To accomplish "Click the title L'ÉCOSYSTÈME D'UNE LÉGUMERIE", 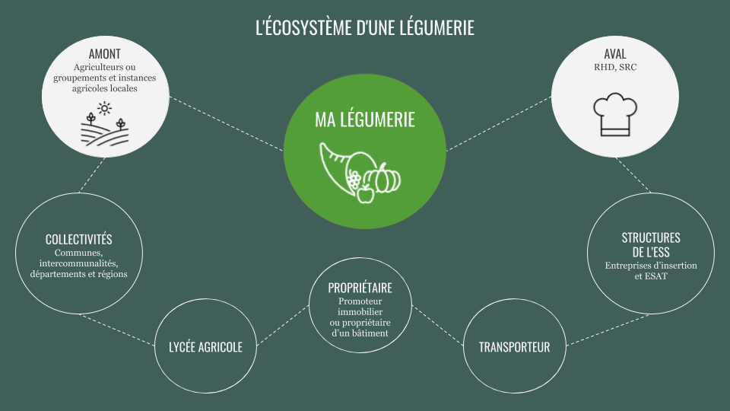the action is (x=365, y=27).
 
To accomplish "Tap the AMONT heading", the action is (x=105, y=54).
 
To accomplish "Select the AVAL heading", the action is (x=615, y=54).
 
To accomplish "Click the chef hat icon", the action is (x=615, y=115).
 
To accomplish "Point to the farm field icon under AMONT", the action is (x=105, y=124).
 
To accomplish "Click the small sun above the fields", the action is (x=104, y=109).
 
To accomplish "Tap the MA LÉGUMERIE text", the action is (x=365, y=119).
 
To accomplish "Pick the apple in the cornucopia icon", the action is (x=366, y=194).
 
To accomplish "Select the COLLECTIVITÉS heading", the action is (x=78, y=240).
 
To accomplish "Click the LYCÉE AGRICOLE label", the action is (x=206, y=347).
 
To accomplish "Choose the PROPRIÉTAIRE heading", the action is (x=360, y=288).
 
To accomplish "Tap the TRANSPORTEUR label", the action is (x=515, y=347).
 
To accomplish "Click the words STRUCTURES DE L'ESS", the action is (x=651, y=245).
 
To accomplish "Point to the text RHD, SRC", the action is (x=615, y=67).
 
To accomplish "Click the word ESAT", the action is (x=656, y=276).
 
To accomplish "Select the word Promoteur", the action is (x=360, y=301).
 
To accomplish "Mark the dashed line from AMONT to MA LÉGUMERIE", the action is (x=227, y=124).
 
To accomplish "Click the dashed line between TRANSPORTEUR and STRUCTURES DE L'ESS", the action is (x=608, y=330).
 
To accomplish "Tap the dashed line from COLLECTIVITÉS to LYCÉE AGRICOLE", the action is (x=117, y=330).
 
